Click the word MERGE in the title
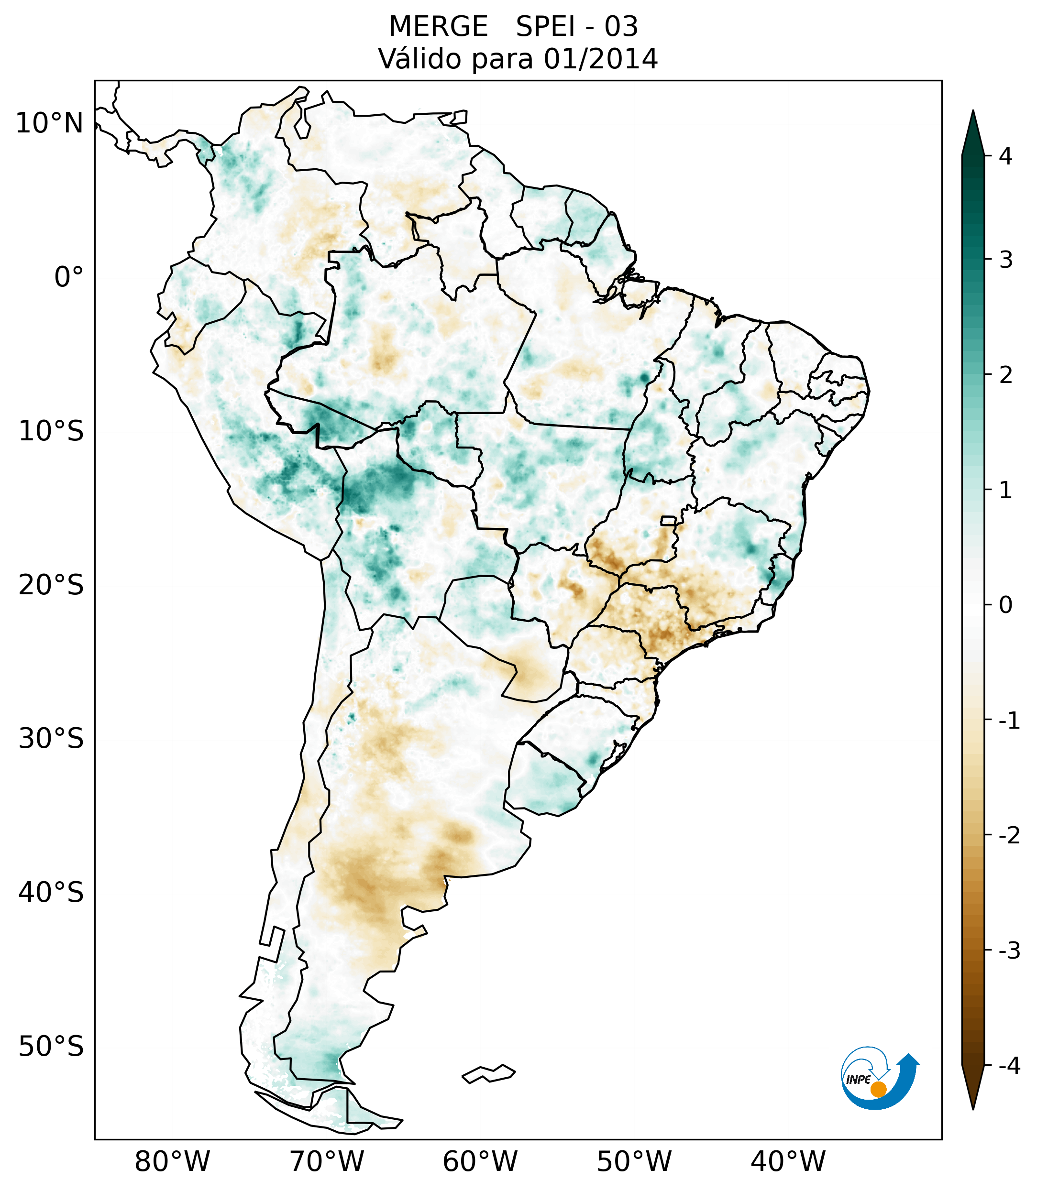(x=438, y=27)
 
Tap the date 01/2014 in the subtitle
(x=600, y=59)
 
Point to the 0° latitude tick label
(x=69, y=277)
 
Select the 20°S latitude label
(x=51, y=585)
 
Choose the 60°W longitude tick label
(x=480, y=1162)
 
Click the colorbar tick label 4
(x=1005, y=156)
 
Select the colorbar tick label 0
(x=1005, y=605)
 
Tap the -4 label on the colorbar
(x=1009, y=1066)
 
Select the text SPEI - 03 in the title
(x=576, y=27)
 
